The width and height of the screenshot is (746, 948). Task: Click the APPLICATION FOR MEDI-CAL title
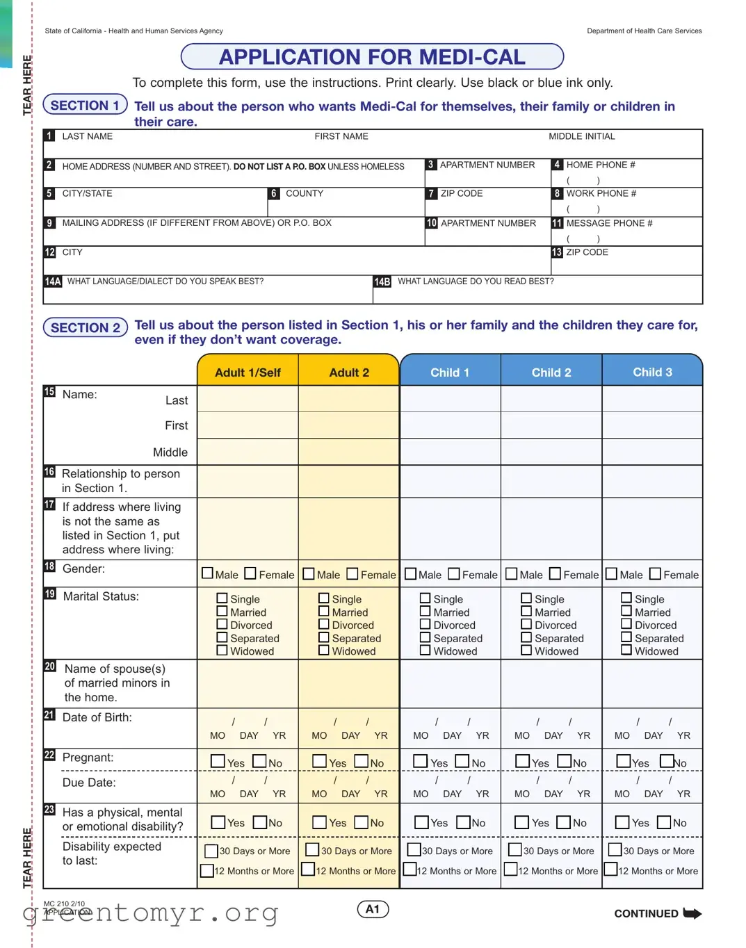coord(372,57)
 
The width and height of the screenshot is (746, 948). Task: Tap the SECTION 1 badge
coord(85,105)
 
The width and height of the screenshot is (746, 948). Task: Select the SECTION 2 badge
coord(85,327)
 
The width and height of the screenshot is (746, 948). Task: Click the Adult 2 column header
coord(349,373)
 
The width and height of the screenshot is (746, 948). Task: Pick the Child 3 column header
coord(652,372)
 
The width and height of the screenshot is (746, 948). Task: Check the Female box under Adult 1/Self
coord(251,573)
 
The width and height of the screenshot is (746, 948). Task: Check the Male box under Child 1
coord(411,573)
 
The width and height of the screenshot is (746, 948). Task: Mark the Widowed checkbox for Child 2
coord(527,650)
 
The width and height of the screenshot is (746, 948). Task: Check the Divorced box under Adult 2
coord(324,624)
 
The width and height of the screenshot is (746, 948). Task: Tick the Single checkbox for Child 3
coord(626,598)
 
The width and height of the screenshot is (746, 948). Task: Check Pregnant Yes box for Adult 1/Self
coord(218,761)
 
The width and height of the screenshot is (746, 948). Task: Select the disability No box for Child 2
coord(564,822)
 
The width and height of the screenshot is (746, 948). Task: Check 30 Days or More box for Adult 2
coord(313,849)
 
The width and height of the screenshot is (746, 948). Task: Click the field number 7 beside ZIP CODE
coord(432,193)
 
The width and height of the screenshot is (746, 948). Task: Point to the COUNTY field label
coord(305,193)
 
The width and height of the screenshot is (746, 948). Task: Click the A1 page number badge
coord(373,909)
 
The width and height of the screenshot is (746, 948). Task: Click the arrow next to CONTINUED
coord(692,913)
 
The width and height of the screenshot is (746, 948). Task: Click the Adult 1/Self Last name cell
coord(248,399)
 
